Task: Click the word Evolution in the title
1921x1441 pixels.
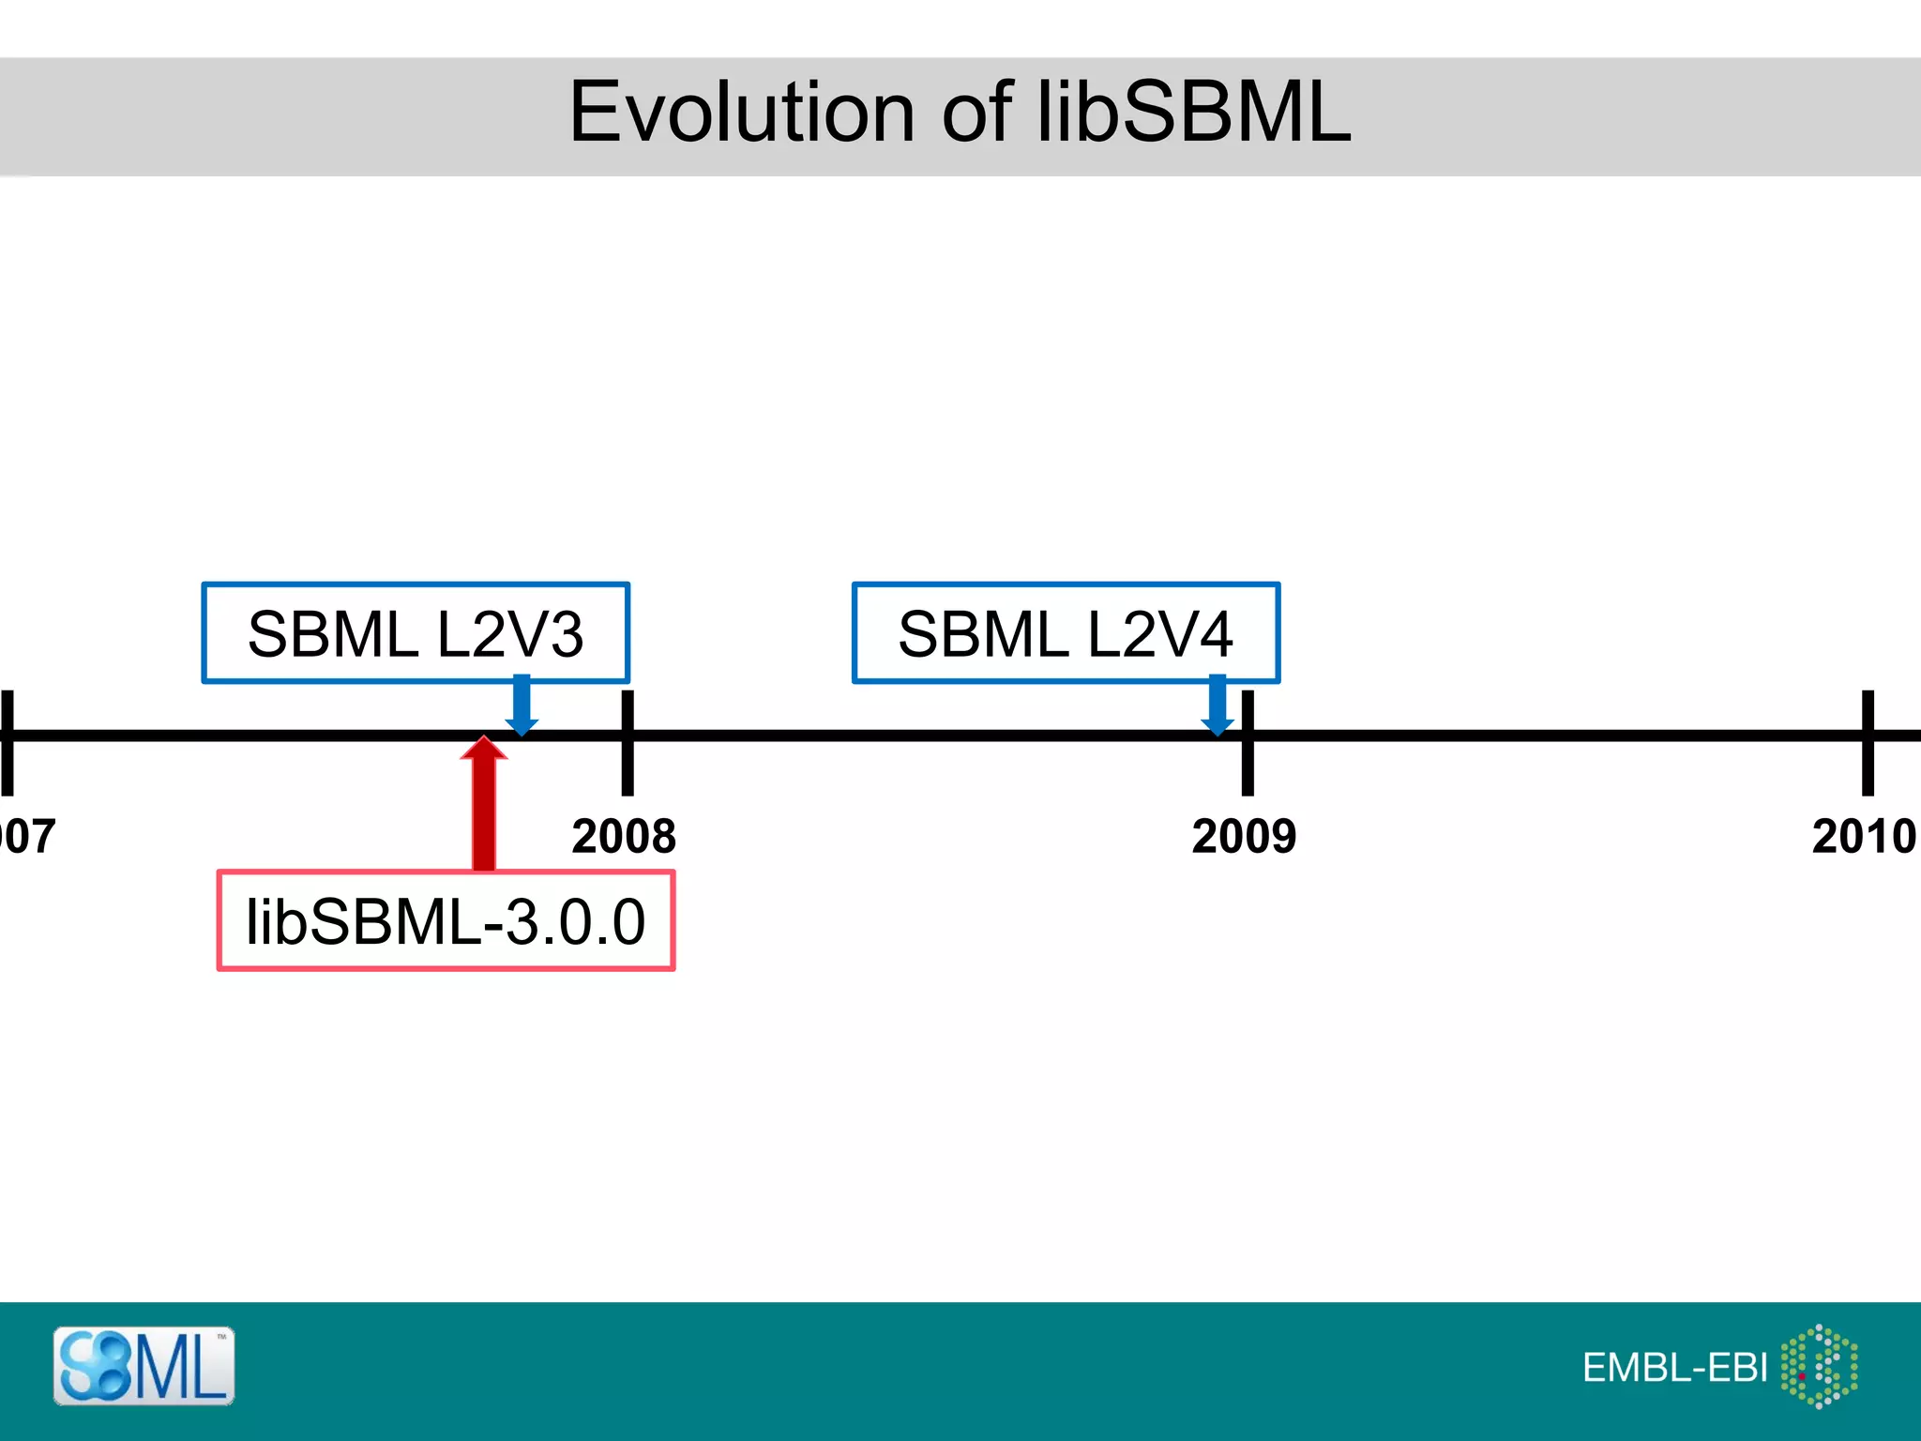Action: click(x=741, y=113)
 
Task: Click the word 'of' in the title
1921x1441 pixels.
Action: click(x=976, y=113)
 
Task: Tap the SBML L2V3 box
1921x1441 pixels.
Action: click(x=415, y=632)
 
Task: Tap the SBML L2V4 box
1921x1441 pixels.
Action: click(x=1066, y=632)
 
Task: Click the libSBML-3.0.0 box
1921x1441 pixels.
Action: click(x=446, y=920)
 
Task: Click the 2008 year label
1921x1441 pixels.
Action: click(x=624, y=836)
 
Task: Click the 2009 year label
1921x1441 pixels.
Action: click(x=1244, y=836)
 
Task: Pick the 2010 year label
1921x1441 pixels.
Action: click(x=1863, y=836)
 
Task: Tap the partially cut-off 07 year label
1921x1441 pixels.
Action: click(x=28, y=836)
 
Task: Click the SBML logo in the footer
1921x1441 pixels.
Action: click(x=144, y=1366)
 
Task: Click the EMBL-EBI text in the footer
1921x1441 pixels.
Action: click(x=1674, y=1368)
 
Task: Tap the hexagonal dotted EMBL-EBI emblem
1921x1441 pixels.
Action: click(x=1819, y=1366)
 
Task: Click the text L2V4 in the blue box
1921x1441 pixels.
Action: click(x=1159, y=634)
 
